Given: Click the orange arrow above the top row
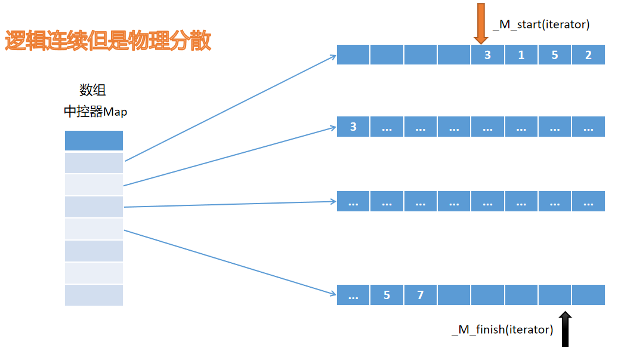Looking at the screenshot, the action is [x=480, y=23].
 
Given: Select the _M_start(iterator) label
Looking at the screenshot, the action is [x=540, y=24].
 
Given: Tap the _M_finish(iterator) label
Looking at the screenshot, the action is [x=502, y=329].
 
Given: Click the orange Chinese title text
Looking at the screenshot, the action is [x=108, y=41].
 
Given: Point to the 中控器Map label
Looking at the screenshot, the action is [x=95, y=112].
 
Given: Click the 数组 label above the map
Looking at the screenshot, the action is [x=93, y=90].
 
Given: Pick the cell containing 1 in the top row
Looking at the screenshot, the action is [x=521, y=55].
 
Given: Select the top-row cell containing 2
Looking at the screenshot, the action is [x=588, y=55].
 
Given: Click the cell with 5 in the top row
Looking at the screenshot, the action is [x=555, y=55].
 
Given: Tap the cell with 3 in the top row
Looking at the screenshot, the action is [x=487, y=55].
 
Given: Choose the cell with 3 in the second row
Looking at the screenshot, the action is [x=353, y=127].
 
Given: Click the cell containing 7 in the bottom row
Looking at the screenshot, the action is [x=420, y=295].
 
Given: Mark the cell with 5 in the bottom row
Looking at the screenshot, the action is [x=387, y=295].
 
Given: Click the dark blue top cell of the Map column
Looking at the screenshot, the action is [x=94, y=140].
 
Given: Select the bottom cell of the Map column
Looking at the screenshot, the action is [x=94, y=295].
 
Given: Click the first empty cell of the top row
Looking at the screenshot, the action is [x=353, y=55].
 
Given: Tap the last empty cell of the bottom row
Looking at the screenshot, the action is [x=588, y=295].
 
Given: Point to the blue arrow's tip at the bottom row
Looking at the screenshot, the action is [x=335, y=294].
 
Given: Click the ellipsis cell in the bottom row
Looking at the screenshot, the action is [x=353, y=295].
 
